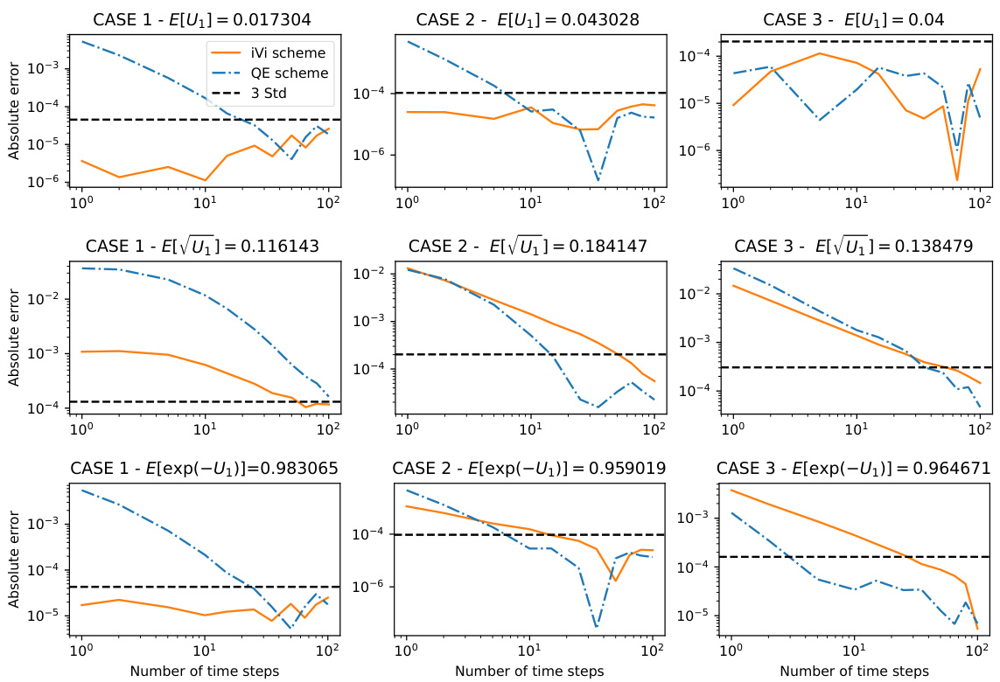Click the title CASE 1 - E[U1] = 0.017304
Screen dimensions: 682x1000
pos(205,19)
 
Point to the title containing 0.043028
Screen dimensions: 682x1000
pos(529,19)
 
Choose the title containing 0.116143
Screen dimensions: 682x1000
pos(205,246)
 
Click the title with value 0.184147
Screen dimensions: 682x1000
pos(529,246)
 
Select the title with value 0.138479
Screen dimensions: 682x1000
pos(854,246)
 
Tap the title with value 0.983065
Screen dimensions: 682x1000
pos(205,469)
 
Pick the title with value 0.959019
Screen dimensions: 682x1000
pos(529,469)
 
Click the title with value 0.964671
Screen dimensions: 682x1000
pos(854,469)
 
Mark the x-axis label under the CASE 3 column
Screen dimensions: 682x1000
pos(854,672)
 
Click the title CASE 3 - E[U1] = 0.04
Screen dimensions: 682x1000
pos(854,19)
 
